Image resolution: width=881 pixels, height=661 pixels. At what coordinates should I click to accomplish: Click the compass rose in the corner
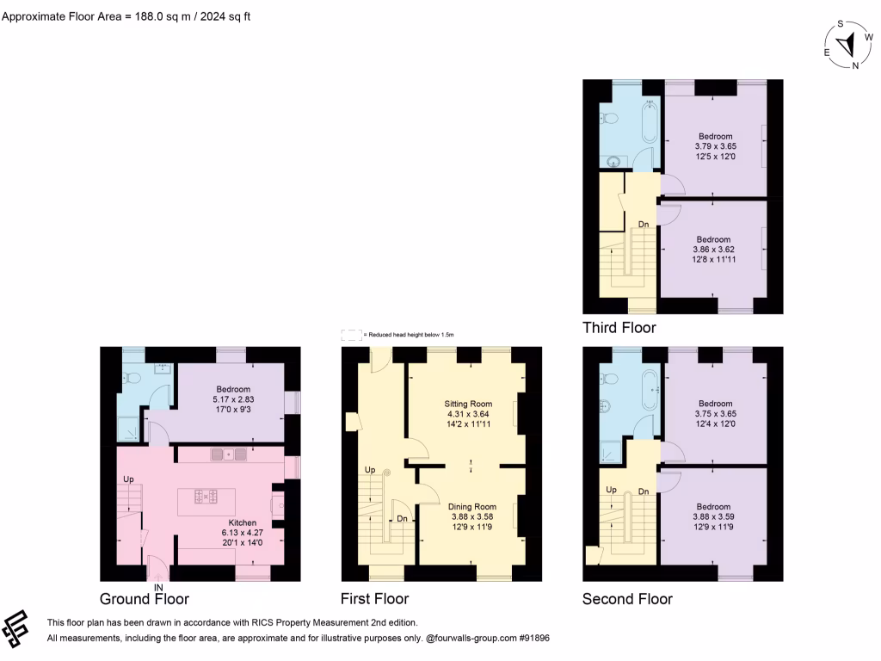pos(847,45)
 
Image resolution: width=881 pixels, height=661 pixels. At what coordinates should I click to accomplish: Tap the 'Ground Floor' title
pos(144,599)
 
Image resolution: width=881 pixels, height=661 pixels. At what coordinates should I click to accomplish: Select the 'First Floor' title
pos(375,599)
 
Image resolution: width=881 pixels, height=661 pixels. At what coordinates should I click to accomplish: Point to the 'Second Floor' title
pos(627,599)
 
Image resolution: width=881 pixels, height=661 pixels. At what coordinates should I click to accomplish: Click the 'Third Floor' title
pos(619,328)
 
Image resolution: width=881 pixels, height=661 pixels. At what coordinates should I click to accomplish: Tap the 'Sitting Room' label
pos(468,404)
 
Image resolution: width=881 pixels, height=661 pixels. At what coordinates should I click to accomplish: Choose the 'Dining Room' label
pos(472,507)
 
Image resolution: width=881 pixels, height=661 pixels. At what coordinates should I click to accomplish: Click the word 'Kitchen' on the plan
pos(242,522)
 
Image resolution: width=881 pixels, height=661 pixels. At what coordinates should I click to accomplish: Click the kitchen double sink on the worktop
pos(228,454)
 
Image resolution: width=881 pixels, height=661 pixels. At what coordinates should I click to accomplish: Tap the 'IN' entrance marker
pos(158,587)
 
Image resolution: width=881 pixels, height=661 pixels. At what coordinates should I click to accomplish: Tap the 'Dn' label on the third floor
pos(643,225)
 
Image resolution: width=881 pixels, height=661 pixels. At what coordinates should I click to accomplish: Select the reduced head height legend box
pos(350,334)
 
